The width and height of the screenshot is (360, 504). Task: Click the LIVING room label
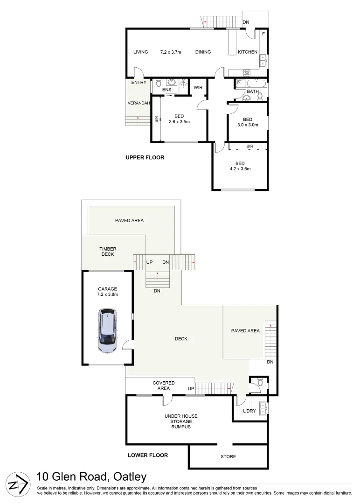[x=140, y=52]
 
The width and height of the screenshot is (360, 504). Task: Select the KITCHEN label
[x=248, y=52]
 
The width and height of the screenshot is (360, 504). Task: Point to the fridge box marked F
[x=263, y=35]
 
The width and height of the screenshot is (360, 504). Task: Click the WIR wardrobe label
[x=197, y=87]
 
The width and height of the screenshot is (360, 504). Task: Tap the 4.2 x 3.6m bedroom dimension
[x=240, y=169]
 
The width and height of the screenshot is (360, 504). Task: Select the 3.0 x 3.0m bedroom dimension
[x=248, y=125]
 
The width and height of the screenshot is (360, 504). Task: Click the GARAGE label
[x=107, y=289]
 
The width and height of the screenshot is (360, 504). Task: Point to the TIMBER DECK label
[x=107, y=252]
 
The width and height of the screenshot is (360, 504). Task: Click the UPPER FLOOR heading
[x=145, y=158]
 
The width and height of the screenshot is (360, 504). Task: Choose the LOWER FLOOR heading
[x=148, y=455]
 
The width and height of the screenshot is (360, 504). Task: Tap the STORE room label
[x=228, y=456]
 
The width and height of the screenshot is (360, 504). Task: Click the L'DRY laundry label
[x=250, y=411]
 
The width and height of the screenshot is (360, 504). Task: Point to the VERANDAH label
[x=138, y=103]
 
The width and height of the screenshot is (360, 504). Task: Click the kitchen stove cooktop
[x=247, y=72]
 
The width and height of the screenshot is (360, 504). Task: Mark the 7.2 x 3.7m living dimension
[x=171, y=52]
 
